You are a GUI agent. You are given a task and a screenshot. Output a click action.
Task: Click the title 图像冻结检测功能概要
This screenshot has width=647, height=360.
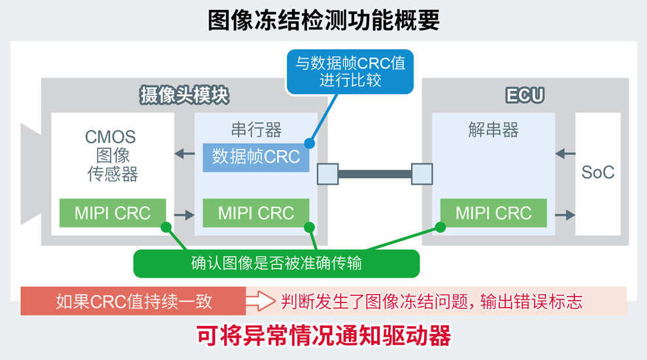point(323,20)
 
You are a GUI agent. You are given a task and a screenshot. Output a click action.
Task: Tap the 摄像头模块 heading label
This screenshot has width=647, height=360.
point(184,95)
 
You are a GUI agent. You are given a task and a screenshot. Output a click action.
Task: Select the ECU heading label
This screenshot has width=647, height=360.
point(525,95)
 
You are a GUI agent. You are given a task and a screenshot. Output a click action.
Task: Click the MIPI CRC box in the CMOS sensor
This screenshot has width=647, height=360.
point(112,213)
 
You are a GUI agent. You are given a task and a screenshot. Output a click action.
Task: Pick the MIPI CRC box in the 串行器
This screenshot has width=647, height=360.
point(256,213)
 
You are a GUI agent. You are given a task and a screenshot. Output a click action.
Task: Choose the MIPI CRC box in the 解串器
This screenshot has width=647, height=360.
point(493,213)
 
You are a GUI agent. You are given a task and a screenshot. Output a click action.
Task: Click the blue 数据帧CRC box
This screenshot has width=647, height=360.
point(256,157)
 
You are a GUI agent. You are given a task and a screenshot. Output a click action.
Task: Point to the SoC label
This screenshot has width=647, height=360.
point(598,173)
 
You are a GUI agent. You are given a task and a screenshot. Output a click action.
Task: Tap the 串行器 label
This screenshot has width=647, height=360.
point(256,130)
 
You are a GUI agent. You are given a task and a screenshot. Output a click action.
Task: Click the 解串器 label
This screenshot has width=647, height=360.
point(493,130)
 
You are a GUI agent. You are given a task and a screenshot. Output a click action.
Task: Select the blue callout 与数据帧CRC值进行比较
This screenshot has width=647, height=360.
point(350,72)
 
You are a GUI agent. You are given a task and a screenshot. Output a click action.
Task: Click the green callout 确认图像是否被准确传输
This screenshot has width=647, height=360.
point(276,264)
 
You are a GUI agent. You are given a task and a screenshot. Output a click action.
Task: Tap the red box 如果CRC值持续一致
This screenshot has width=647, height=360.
point(133,301)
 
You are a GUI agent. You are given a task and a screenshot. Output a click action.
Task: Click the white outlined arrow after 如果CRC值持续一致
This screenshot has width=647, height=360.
point(262,301)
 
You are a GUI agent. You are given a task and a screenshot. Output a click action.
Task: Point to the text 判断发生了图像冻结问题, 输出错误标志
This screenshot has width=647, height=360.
point(431,301)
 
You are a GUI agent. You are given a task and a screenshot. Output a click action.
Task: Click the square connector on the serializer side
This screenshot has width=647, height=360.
point(327,174)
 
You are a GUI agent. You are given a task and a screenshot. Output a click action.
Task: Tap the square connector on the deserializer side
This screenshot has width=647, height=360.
point(422,174)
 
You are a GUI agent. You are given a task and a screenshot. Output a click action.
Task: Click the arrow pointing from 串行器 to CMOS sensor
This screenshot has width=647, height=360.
point(185,154)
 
